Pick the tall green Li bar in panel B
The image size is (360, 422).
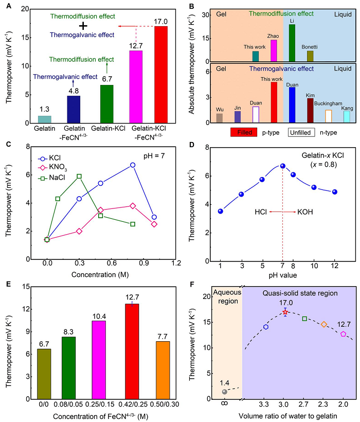click(x=292, y=43)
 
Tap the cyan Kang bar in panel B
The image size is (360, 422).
click(x=347, y=117)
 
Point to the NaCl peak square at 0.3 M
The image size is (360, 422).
click(x=79, y=176)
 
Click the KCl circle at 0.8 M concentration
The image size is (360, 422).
click(x=133, y=165)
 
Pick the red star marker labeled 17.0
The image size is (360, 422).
click(x=285, y=312)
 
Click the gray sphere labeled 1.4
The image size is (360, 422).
click(x=224, y=392)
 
